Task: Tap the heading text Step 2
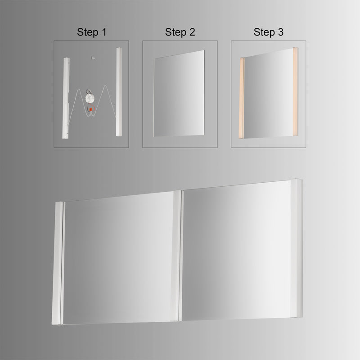coord(180,32)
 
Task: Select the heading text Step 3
coord(268,32)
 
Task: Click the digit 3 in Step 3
coord(281,32)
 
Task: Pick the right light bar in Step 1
coord(120,92)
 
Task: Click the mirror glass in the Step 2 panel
coord(179,94)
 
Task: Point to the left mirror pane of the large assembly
coord(119,259)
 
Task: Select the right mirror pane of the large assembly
coord(236,252)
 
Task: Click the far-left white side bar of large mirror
coord(58,263)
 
